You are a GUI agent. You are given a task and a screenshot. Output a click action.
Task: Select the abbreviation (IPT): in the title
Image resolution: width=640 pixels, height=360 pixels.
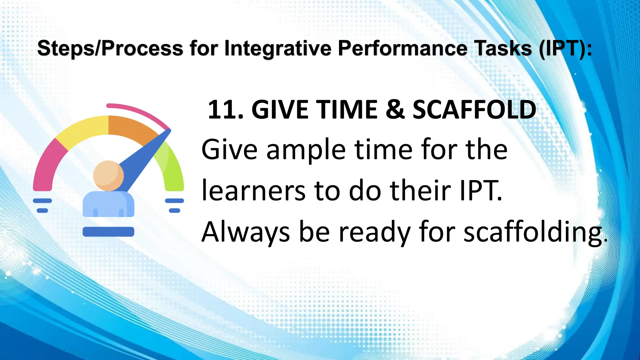(566, 49)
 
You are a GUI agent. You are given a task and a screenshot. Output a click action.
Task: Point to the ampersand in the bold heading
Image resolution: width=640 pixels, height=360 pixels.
(395, 110)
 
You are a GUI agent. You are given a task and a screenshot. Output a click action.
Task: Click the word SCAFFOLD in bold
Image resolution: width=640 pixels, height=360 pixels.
(474, 110)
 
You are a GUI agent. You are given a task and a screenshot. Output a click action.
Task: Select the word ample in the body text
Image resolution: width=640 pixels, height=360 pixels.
(306, 150)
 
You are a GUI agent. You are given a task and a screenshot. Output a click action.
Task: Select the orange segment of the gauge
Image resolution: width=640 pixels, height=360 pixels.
(131, 128)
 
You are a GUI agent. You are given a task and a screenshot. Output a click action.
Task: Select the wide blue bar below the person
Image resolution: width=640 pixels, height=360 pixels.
(108, 232)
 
